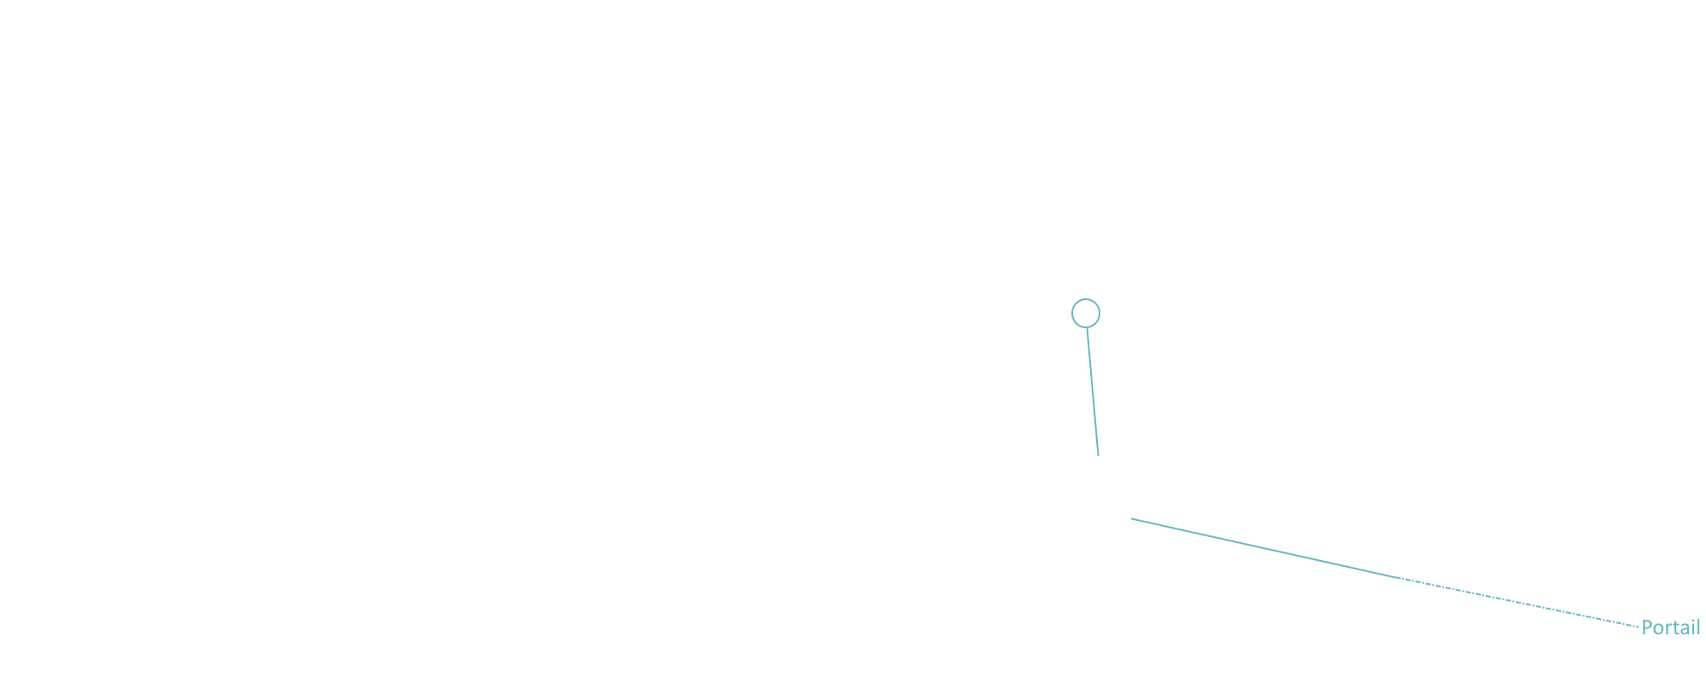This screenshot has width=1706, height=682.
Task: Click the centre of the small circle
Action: (1086, 313)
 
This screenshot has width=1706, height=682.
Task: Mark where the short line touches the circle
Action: (1087, 327)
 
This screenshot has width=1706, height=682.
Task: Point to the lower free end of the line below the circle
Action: (1098, 456)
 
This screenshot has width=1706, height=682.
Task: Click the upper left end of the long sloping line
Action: (1131, 518)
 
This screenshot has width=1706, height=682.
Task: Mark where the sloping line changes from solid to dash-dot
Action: (1400, 578)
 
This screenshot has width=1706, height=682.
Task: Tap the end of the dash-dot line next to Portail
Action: (1639, 627)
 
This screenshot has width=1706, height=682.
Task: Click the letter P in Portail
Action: (1647, 627)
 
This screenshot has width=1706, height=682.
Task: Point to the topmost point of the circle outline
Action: (1086, 299)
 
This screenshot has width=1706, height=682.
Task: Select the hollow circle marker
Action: (1086, 313)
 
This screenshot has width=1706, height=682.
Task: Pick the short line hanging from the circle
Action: (1093, 392)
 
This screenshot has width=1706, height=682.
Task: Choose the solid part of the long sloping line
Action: (1265, 548)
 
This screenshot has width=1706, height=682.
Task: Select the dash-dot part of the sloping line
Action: (1519, 603)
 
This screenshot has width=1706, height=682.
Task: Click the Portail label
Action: (1671, 627)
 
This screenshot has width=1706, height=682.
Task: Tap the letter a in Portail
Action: (1682, 630)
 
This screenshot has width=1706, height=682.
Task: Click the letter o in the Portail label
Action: (1657, 630)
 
